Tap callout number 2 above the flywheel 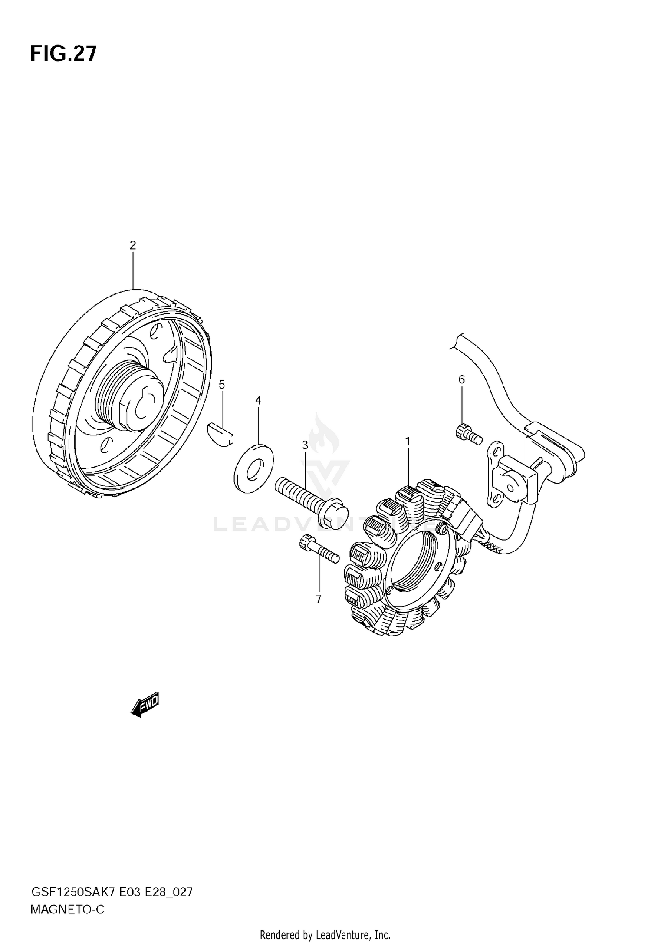(133, 245)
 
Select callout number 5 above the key (222, 384)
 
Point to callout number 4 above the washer (258, 400)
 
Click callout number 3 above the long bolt (305, 445)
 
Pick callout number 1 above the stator (408, 442)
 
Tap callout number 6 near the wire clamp (461, 379)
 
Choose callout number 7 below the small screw (319, 600)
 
